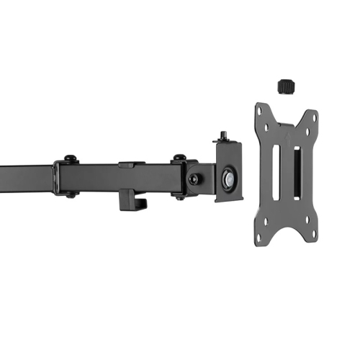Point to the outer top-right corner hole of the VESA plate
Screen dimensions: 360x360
coord(312,116)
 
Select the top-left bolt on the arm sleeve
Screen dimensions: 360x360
coord(70,158)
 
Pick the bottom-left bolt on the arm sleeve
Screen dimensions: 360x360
coord(71,194)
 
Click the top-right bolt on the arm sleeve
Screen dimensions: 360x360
coord(177,158)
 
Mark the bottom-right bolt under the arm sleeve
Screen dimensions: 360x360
coord(179,196)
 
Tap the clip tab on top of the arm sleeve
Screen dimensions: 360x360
coord(127,165)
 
